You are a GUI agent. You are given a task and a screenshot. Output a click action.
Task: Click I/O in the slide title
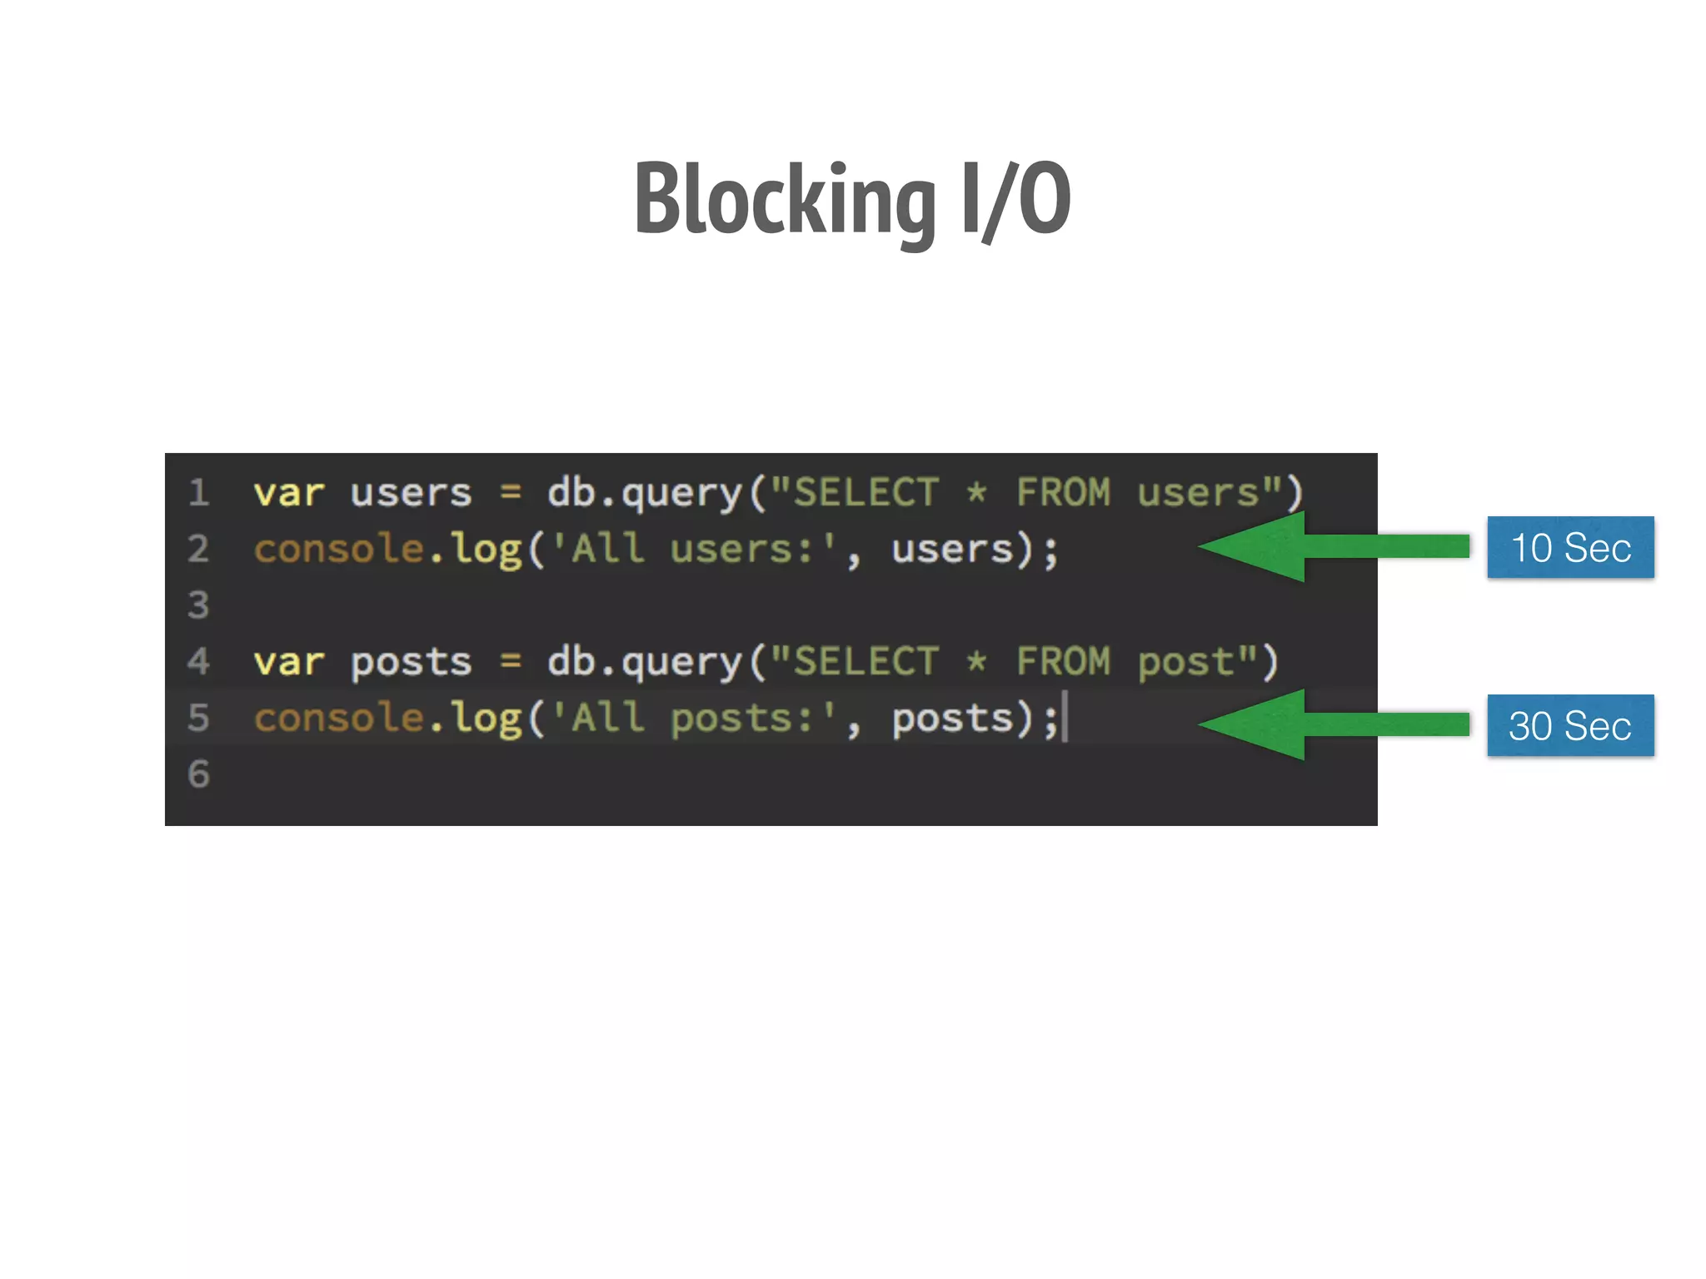point(1015,200)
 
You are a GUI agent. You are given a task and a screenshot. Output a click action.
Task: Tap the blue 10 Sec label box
point(1570,547)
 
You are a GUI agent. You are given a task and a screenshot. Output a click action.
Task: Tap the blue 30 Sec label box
point(1570,725)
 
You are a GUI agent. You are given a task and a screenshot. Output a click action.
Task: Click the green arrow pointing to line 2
point(1333,547)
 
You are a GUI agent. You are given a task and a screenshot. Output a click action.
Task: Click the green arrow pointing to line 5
point(1333,724)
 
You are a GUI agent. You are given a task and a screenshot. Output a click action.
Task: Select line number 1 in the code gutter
point(198,493)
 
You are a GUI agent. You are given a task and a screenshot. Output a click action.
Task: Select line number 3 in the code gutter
point(198,605)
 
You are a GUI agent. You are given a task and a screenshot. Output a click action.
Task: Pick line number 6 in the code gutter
point(198,774)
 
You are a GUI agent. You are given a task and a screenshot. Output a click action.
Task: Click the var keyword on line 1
point(288,493)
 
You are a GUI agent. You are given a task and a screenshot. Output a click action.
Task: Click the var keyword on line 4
point(288,663)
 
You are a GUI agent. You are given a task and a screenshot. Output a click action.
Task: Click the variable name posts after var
point(411,663)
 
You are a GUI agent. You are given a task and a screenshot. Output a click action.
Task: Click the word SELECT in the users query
point(866,493)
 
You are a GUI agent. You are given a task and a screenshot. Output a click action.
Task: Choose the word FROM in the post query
point(1063,663)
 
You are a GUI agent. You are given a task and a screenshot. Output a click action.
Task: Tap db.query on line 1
point(643,493)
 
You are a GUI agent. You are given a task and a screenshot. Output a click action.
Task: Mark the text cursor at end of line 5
point(1065,719)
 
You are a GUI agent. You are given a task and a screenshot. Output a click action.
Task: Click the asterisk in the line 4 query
point(976,661)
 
